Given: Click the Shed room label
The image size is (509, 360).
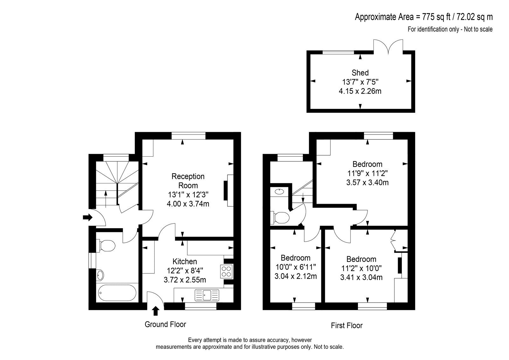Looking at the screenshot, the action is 360,73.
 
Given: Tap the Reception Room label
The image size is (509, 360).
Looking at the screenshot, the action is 188,181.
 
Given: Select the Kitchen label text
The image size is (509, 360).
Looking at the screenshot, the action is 185,262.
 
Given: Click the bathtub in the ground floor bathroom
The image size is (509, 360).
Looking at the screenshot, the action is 117,293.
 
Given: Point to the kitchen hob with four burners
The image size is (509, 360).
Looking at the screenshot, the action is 226,271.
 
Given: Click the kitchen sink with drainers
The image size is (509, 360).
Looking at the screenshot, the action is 207,295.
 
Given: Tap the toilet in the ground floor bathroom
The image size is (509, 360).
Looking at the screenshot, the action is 106,246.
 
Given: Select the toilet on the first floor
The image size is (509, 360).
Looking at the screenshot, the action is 280,218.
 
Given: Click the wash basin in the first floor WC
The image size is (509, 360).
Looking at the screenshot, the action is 279,192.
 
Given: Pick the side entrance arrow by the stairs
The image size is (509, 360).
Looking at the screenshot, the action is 87,217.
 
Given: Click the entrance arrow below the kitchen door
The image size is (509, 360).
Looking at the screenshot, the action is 156,311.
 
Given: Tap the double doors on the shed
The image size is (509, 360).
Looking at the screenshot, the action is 388,46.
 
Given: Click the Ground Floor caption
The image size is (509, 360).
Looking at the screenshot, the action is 165,324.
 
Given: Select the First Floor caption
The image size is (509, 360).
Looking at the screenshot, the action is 346,326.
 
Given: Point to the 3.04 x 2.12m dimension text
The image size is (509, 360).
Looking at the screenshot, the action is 296,276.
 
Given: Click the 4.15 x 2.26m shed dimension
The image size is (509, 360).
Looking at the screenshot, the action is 360,91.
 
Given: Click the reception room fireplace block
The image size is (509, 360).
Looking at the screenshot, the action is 226,191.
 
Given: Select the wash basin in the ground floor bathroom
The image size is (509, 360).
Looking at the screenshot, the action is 100,275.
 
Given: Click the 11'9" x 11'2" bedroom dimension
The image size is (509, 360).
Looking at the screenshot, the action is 367,173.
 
